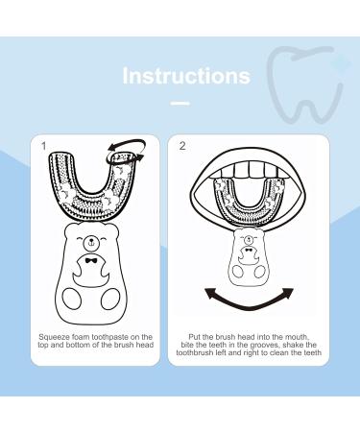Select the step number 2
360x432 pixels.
pyautogui.click(x=182, y=147)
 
